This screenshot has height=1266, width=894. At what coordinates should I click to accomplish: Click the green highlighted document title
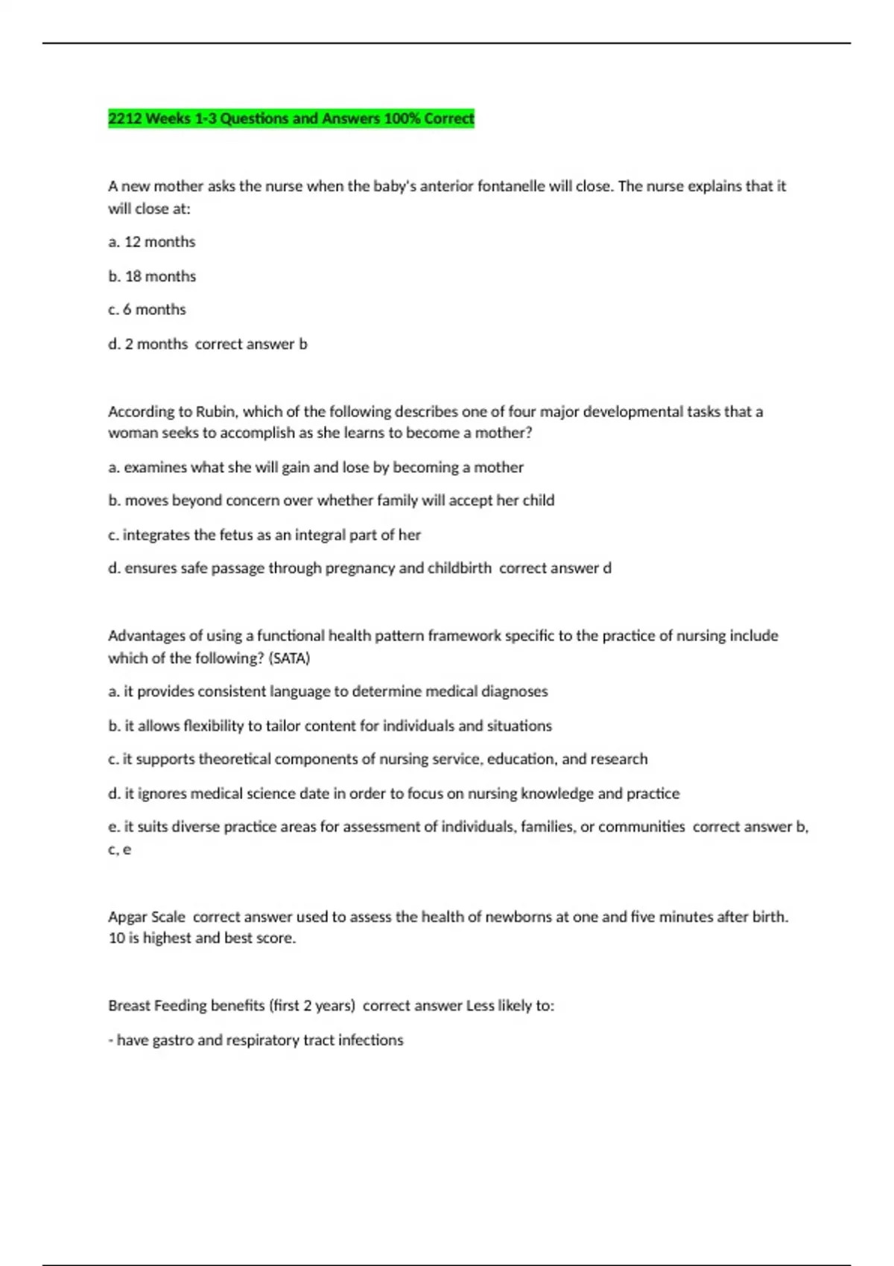click(x=291, y=118)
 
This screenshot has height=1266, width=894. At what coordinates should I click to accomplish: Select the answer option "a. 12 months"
click(x=152, y=242)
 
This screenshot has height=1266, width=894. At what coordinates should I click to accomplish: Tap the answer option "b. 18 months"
click(x=152, y=276)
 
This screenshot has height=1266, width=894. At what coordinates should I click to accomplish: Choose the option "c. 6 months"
click(x=147, y=310)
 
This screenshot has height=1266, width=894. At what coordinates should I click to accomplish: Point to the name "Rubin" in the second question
click(x=215, y=412)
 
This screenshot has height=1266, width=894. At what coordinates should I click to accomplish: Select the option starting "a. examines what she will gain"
click(x=316, y=468)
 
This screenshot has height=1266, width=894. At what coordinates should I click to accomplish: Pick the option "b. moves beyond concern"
click(x=331, y=500)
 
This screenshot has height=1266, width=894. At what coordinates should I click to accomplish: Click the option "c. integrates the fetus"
click(x=264, y=535)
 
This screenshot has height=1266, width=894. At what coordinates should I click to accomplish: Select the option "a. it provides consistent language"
click(x=328, y=692)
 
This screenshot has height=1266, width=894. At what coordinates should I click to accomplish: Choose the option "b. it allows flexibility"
click(x=330, y=726)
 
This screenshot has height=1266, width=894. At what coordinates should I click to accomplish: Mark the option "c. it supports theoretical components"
click(x=378, y=760)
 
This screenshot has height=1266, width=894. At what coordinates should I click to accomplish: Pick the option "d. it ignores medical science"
click(x=393, y=794)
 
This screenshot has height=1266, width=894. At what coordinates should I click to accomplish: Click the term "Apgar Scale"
click(x=147, y=917)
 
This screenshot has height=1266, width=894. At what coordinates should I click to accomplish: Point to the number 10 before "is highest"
click(x=116, y=938)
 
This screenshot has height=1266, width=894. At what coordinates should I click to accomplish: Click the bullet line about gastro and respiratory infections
click(x=256, y=1040)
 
